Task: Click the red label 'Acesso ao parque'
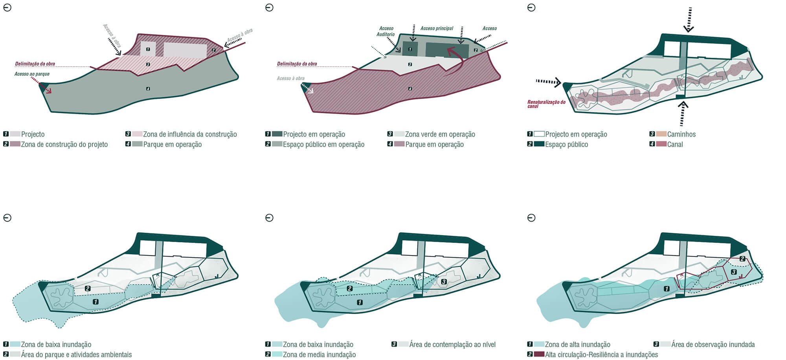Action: coord(32,74)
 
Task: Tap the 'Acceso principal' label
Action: coord(437,28)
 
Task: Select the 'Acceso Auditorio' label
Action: coord(386,31)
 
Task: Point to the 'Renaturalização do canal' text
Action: coord(546,104)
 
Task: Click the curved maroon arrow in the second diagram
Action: coord(452,59)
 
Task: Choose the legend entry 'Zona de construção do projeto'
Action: coord(64,144)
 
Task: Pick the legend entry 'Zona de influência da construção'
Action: coord(190,134)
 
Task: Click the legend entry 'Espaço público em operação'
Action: coord(323,144)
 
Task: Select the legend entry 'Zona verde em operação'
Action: coord(440,134)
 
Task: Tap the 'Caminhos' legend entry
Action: coord(681,134)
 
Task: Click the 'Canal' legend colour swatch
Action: coord(661,144)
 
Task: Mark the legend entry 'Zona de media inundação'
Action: coord(319,354)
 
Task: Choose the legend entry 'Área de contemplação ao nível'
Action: coord(452,344)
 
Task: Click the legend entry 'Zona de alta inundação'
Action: coord(577,344)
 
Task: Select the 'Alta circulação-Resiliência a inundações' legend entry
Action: coord(601,354)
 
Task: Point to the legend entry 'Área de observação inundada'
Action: coord(713,344)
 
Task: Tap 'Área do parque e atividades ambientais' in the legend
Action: coord(76,354)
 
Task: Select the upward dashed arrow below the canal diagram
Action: coord(683,113)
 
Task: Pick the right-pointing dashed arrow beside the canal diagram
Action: coord(548,82)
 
